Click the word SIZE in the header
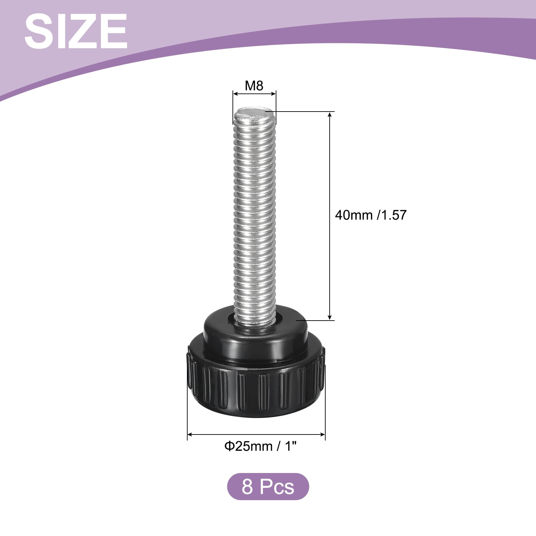[x=76, y=32]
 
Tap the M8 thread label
[x=254, y=86]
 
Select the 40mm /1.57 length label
[x=371, y=215]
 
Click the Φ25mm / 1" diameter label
[x=261, y=446]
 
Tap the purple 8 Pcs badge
[x=268, y=487]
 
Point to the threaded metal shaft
[x=255, y=214]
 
